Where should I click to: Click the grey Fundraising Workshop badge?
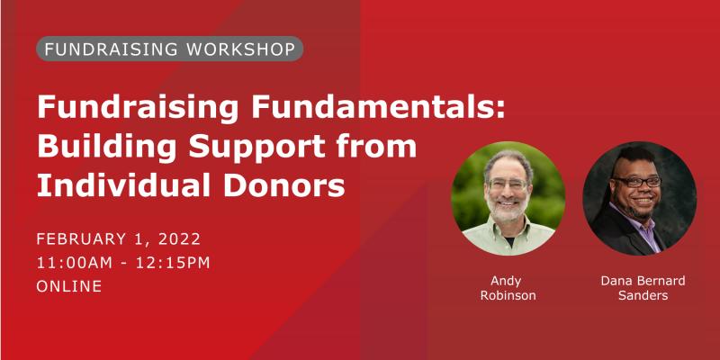(169, 49)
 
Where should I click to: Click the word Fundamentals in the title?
(378, 107)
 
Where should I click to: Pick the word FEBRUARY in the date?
(81, 239)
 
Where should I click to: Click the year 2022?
(179, 239)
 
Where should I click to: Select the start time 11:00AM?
(75, 263)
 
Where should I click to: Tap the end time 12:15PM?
(174, 263)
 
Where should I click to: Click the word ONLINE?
(69, 286)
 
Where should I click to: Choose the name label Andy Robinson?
(508, 288)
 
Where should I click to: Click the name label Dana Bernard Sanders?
(643, 288)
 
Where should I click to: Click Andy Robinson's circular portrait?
(508, 198)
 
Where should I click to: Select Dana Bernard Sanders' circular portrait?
(640, 198)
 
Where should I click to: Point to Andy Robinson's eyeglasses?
(508, 184)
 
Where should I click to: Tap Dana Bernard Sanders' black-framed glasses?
(638, 182)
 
